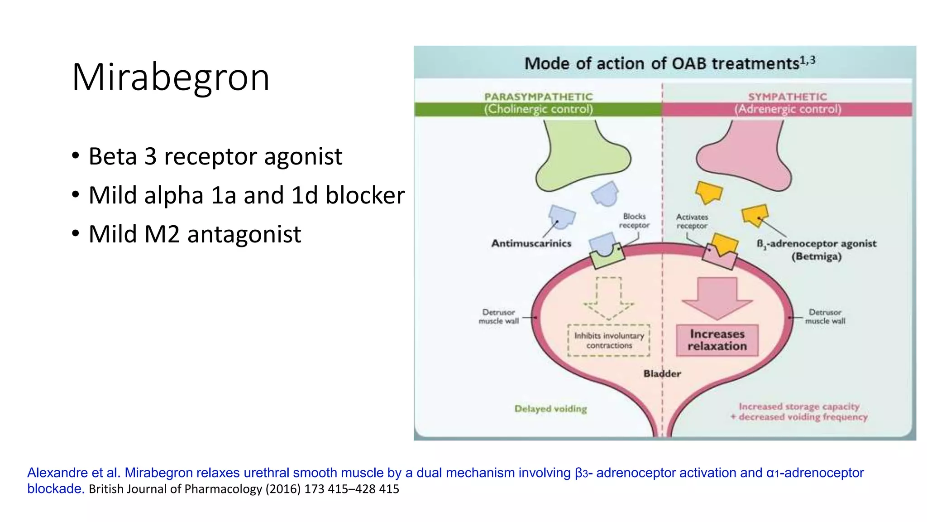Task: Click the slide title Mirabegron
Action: point(170,77)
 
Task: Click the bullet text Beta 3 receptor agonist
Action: point(215,156)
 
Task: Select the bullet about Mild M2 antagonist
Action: point(195,234)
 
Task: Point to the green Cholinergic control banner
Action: point(538,109)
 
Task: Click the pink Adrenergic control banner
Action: point(787,109)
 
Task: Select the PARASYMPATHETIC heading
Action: point(538,97)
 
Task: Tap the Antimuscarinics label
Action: point(531,243)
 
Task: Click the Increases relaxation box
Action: point(717,340)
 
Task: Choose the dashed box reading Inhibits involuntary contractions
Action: point(609,340)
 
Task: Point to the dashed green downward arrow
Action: point(609,299)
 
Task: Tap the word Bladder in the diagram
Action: point(662,373)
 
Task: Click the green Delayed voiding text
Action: point(550,409)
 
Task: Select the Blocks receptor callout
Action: point(634,221)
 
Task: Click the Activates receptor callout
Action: point(692,221)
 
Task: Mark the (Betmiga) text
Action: point(816,256)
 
